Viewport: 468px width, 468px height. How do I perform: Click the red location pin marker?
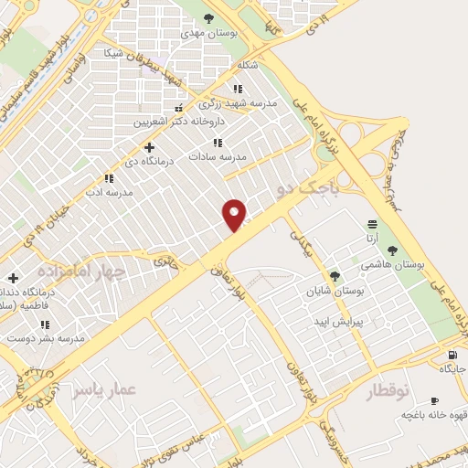coord(235,214)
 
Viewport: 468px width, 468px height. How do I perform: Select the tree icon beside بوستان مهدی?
coord(209,17)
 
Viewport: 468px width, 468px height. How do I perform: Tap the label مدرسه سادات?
coord(218,156)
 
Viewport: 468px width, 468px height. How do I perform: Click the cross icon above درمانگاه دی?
coord(150,146)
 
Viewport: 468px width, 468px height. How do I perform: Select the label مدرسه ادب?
coord(109,192)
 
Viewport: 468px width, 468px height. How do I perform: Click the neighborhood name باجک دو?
coord(306,189)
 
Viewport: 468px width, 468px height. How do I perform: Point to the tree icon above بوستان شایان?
coord(335,275)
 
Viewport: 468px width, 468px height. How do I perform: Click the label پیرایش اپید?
coord(337,322)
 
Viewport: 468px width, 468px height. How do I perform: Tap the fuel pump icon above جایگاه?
coord(452,355)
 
